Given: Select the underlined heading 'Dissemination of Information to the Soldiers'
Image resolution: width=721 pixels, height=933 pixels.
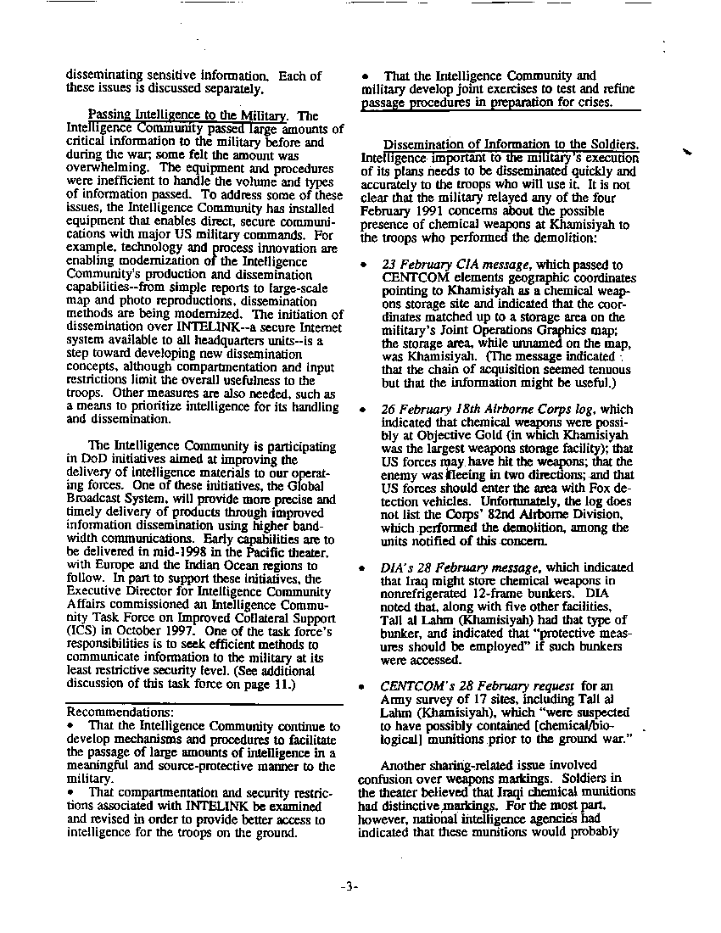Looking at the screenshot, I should pyautogui.click(x=510, y=144).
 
